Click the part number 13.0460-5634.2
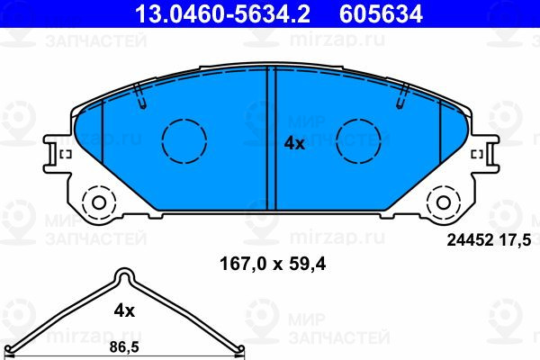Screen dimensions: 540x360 pos(223,13)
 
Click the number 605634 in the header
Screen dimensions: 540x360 pos(381,13)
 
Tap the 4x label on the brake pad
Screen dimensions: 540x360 pos(294,143)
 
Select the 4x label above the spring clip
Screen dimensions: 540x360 pos(124,310)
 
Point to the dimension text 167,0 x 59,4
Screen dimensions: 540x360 pos(273,265)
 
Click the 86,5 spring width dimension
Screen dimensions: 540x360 pos(124,347)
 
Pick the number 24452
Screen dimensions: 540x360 pos(470,240)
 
